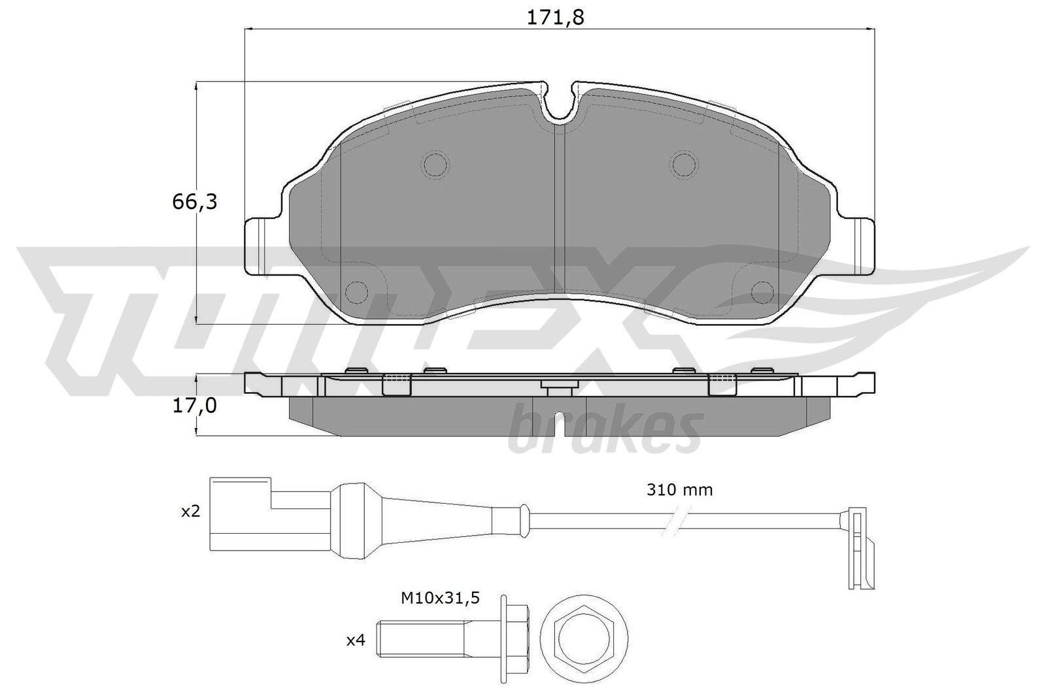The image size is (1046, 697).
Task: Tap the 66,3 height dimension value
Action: click(195, 203)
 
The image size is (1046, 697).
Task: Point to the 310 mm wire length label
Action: click(680, 489)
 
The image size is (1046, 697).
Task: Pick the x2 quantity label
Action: click(190, 511)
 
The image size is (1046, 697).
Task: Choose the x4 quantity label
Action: click(355, 641)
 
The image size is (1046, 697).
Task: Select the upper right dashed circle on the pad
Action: click(683, 163)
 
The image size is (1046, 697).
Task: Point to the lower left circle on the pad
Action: click(356, 291)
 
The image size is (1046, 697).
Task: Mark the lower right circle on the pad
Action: click(762, 291)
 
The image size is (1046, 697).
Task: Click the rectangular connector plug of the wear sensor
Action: click(239, 512)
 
